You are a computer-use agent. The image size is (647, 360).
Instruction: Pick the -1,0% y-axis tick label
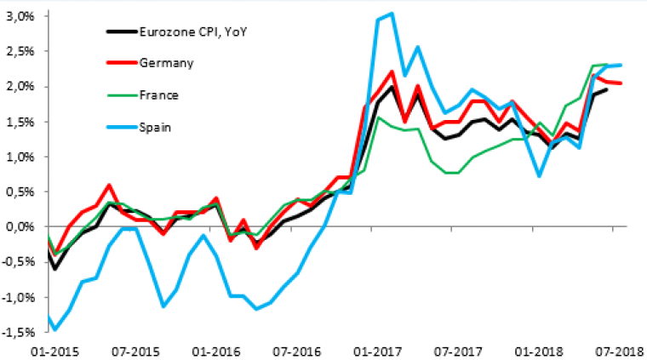(16, 298)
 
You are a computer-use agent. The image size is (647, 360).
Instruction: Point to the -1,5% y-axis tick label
(16, 333)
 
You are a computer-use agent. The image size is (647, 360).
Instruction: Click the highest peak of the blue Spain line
(390, 14)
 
